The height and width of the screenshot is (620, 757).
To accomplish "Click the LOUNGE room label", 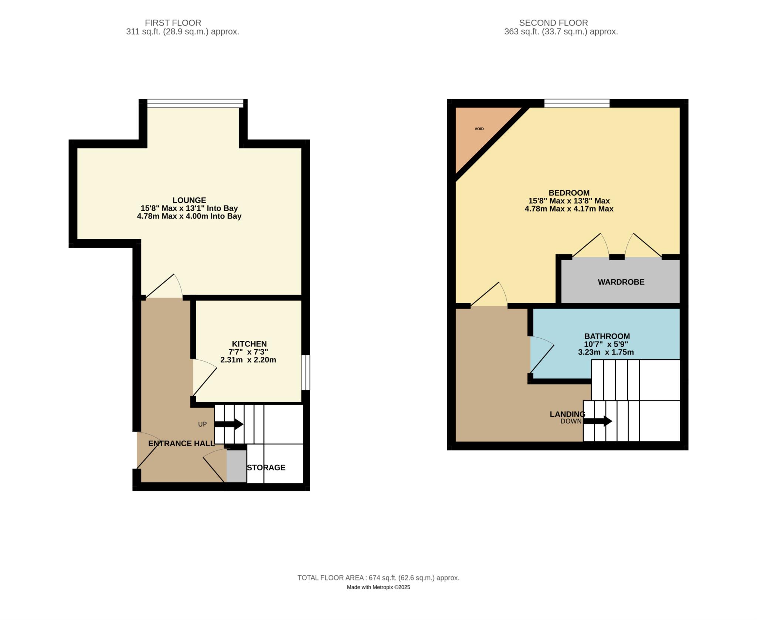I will (x=189, y=200).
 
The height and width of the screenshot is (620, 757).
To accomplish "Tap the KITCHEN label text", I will (x=249, y=344).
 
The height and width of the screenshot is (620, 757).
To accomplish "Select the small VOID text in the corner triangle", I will (x=479, y=129).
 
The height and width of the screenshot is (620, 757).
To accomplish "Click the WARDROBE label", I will (x=621, y=282).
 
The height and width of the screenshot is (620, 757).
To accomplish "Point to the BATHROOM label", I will (x=607, y=336).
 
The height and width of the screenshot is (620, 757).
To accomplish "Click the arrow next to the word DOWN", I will (x=598, y=421).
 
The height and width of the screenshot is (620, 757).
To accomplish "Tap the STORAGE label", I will (x=266, y=468).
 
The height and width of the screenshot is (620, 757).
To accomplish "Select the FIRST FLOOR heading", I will (x=173, y=23).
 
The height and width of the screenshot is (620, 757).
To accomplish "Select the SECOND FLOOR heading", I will (x=553, y=23).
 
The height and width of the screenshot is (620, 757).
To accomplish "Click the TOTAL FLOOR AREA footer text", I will (x=378, y=578).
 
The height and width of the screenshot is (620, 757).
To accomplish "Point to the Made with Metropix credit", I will (x=378, y=587).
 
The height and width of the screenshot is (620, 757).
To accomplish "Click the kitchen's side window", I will (x=306, y=373).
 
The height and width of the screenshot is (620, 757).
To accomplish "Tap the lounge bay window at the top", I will (x=195, y=104).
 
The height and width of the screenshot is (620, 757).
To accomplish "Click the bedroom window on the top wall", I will (x=577, y=103).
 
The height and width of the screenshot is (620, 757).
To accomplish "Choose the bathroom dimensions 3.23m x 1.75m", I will (x=606, y=352).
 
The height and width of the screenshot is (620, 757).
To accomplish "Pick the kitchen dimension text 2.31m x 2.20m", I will (x=248, y=360).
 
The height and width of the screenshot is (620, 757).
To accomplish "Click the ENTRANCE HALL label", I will (x=181, y=444).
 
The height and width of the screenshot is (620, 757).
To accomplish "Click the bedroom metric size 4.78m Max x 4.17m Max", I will (x=569, y=209).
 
